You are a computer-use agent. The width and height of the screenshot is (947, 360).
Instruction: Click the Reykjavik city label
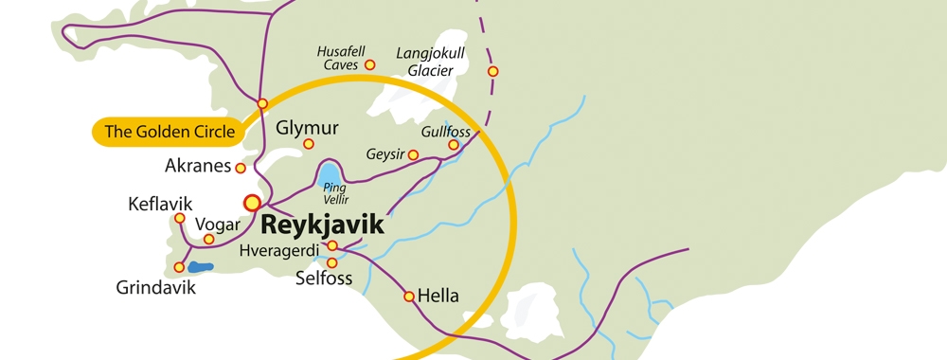[x=322, y=225]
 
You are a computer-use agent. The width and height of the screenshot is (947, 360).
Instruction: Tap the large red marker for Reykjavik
[x=252, y=202]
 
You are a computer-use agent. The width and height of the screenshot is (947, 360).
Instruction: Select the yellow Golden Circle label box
[x=169, y=133]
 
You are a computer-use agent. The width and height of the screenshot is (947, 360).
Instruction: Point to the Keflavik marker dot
[x=180, y=218]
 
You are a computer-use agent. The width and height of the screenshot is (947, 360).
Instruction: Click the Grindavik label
[x=156, y=287]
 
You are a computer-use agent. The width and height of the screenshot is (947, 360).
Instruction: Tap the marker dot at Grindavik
[x=179, y=267]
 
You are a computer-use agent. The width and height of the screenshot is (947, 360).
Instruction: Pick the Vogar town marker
[x=209, y=239]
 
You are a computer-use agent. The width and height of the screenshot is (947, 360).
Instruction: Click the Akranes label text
[x=198, y=166]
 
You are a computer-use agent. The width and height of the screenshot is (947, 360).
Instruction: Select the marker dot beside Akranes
[x=241, y=168]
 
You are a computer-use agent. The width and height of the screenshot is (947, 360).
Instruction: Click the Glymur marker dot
[x=309, y=144]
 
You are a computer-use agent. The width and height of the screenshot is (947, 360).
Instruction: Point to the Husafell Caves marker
[x=370, y=65]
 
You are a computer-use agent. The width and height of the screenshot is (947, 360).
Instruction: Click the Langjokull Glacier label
[x=437, y=61]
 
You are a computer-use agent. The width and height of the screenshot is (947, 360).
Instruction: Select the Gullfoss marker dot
[x=454, y=145]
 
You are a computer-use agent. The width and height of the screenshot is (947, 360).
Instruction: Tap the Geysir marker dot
[x=413, y=154]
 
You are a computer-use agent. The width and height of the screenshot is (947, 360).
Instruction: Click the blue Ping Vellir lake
[x=329, y=174]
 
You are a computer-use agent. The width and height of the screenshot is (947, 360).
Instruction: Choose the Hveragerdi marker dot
[x=332, y=245]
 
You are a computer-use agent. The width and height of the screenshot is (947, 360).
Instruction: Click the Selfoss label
[x=324, y=279]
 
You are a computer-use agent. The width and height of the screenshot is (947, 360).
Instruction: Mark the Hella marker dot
[x=409, y=297]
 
